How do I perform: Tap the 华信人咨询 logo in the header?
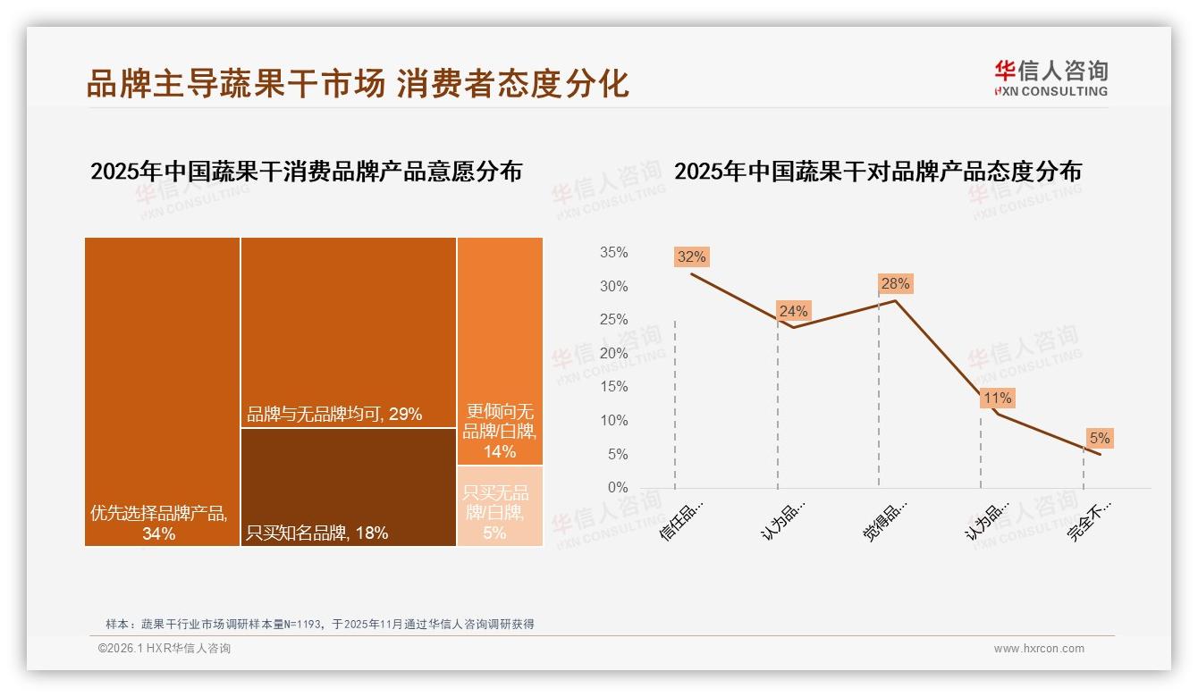1050,78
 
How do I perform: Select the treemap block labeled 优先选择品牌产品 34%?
162,390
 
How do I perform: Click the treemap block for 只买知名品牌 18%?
349,487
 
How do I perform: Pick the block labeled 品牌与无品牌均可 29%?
349,332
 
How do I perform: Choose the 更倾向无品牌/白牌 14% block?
500,350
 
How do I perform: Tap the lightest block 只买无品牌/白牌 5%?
500,506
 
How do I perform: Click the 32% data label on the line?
691,256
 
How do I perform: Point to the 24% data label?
793,311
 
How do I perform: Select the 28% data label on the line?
895,283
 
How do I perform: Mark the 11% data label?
997,398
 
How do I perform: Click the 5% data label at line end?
1099,438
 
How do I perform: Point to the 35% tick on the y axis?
613,253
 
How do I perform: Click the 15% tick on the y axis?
613,387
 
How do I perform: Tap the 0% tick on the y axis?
617,488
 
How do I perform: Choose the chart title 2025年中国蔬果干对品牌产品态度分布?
877,172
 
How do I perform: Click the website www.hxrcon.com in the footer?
1038,649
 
